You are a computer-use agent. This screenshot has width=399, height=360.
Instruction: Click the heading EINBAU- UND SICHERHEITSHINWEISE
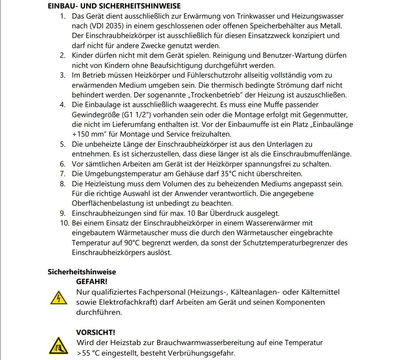(x=114, y=6)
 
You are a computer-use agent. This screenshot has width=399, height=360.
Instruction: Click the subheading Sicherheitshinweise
(x=82, y=272)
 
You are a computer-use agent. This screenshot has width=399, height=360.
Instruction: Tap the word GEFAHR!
(x=92, y=281)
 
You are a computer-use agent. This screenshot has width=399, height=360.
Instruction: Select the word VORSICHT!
(x=95, y=332)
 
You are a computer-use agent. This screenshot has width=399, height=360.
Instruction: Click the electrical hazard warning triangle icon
(x=57, y=298)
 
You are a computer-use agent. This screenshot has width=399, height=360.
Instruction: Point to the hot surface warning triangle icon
(x=57, y=345)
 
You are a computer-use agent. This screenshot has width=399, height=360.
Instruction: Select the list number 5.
(x=63, y=144)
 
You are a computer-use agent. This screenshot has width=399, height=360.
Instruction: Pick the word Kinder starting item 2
(x=84, y=55)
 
